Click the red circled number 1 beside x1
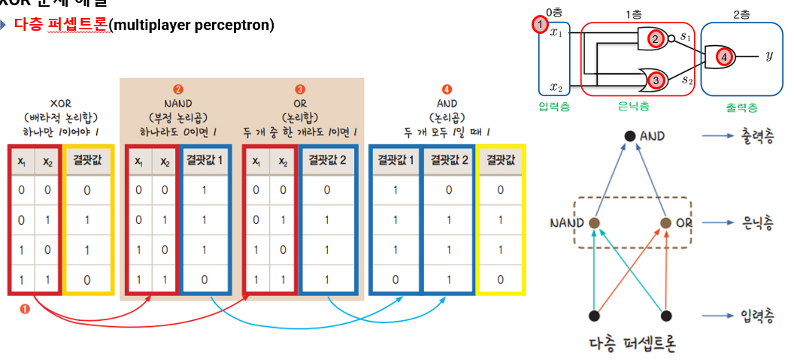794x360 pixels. (539, 25)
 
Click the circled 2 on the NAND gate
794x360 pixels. (656, 39)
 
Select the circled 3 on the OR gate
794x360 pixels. (656, 79)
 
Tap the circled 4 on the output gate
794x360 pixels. (723, 56)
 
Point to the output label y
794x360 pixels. (769, 56)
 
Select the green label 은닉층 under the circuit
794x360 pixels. (634, 107)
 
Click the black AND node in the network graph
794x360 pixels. (630, 137)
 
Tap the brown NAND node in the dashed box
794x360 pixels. (595, 223)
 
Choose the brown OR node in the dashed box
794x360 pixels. (665, 223)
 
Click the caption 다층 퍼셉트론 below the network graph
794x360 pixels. (632, 345)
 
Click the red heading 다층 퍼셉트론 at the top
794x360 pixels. (61, 25)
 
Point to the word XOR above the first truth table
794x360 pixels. (61, 104)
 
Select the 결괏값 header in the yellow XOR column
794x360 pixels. (87, 160)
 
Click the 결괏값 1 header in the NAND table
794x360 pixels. (205, 160)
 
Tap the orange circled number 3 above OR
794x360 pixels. (300, 89)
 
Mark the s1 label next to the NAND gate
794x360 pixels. (686, 35)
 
